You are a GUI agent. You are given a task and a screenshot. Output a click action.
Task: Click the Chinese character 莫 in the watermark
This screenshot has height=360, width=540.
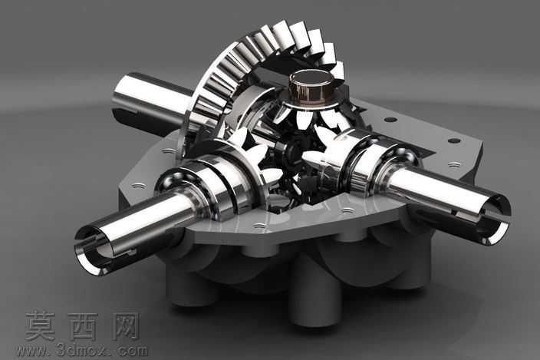click(x=41, y=326)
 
